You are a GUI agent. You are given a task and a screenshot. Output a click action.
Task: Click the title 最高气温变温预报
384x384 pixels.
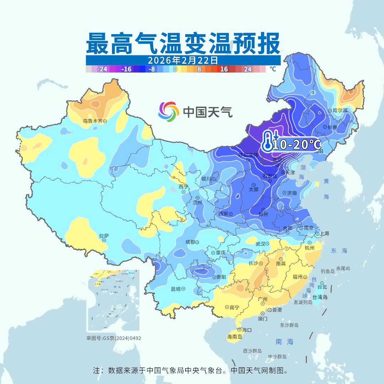coord(183,43)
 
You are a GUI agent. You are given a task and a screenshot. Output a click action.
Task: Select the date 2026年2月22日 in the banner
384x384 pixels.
coord(183,60)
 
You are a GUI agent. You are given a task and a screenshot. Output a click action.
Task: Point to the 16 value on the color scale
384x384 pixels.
coord(224,69)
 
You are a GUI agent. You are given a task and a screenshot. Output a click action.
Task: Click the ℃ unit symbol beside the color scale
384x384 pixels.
coord(272,69)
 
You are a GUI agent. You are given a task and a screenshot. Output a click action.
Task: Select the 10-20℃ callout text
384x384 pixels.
coord(296,144)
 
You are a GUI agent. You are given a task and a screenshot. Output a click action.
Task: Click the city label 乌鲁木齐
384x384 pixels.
coord(92,121)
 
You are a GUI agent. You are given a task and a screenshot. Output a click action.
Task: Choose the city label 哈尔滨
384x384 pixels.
coord(340,111)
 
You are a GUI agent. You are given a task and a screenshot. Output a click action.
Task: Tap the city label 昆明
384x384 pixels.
coord(176,289)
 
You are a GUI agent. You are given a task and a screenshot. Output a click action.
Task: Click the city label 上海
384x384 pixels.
coord(324,234)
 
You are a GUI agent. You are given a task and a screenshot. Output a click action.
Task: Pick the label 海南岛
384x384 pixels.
coord(234,336)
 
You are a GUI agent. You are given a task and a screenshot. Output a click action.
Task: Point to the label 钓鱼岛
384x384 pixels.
coord(327,271)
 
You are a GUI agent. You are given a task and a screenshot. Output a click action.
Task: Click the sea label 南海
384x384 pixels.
coord(284,342)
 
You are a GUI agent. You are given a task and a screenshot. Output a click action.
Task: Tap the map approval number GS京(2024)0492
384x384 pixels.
coord(113,338)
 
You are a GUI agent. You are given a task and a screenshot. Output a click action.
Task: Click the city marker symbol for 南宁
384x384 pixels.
coord(227,307)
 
